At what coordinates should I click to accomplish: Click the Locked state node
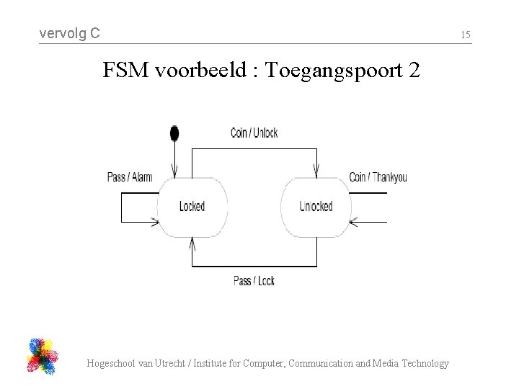[192, 207]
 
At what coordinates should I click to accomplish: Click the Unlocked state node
[316, 207]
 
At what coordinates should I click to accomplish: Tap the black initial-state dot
[174, 133]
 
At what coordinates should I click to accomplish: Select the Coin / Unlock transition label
[254, 133]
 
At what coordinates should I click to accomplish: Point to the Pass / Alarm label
[130, 177]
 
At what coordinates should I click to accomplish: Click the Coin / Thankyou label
[378, 177]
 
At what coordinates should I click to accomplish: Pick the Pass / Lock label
[254, 280]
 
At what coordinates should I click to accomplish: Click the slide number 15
[466, 34]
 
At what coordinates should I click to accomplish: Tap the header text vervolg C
[69, 33]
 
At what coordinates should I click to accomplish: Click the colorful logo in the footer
[43, 356]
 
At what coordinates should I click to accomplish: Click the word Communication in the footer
[322, 364]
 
